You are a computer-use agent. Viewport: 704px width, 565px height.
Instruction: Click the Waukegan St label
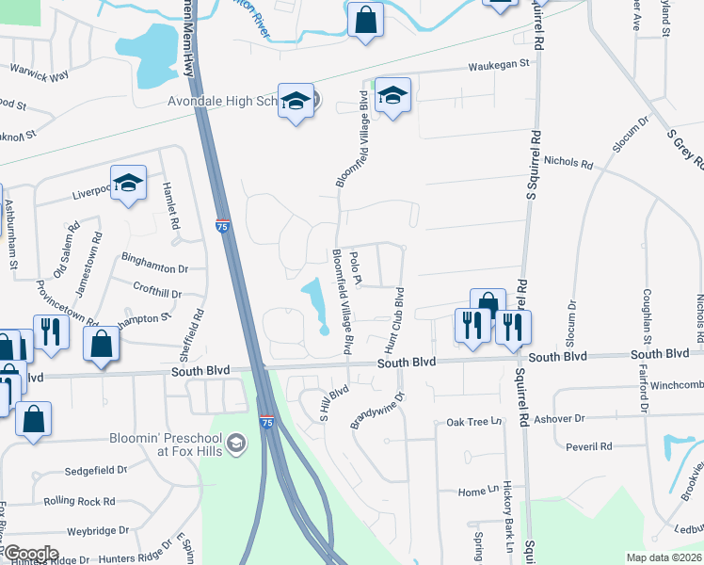(x=500, y=66)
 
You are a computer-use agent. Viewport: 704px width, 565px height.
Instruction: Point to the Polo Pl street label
(x=355, y=266)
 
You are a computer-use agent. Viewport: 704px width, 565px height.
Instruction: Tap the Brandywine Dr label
(x=376, y=412)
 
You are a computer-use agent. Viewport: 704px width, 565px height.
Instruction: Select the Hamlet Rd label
(x=172, y=206)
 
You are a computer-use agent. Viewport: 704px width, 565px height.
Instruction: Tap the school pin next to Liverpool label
(x=128, y=183)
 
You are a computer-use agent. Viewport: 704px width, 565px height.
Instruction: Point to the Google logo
(x=30, y=554)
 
